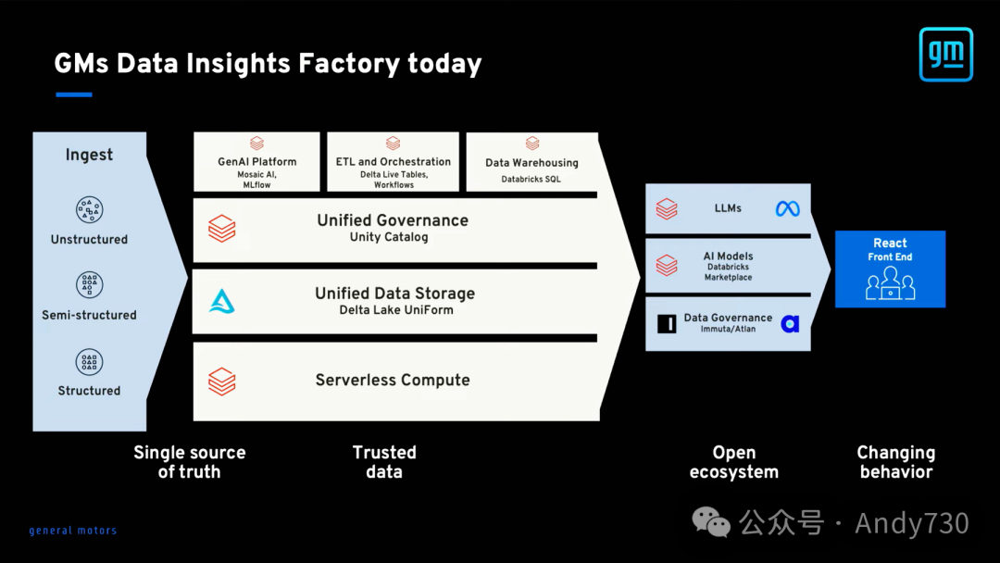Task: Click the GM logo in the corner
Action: click(945, 54)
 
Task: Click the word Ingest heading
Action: click(89, 155)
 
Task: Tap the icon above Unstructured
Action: click(89, 209)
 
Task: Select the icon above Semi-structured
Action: click(89, 285)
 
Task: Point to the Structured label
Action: click(89, 391)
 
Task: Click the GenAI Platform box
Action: click(256, 162)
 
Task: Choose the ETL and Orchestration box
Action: click(393, 162)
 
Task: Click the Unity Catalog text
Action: click(389, 237)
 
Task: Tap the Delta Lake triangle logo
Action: click(222, 300)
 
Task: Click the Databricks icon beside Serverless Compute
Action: click(222, 381)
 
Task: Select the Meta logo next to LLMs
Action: click(787, 209)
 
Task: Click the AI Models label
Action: click(729, 256)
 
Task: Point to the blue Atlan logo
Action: click(790, 323)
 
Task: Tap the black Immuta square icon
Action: click(667, 323)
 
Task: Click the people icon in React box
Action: click(890, 282)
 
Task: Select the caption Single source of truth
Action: click(190, 462)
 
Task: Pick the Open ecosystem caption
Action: click(734, 462)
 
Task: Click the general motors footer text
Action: click(73, 531)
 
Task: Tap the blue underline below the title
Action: click(74, 94)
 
